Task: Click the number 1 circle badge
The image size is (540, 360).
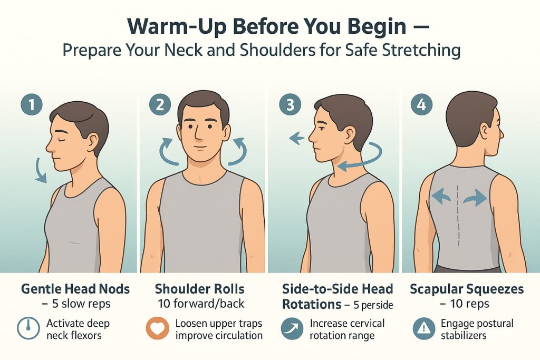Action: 31,104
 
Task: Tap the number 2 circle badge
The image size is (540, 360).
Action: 159,104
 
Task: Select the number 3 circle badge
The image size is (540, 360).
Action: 290,104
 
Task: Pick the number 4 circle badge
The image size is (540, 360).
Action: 420,104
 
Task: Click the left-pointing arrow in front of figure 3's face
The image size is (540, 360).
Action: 296,139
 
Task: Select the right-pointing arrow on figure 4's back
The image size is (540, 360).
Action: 477,198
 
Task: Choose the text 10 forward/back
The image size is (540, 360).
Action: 200,304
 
